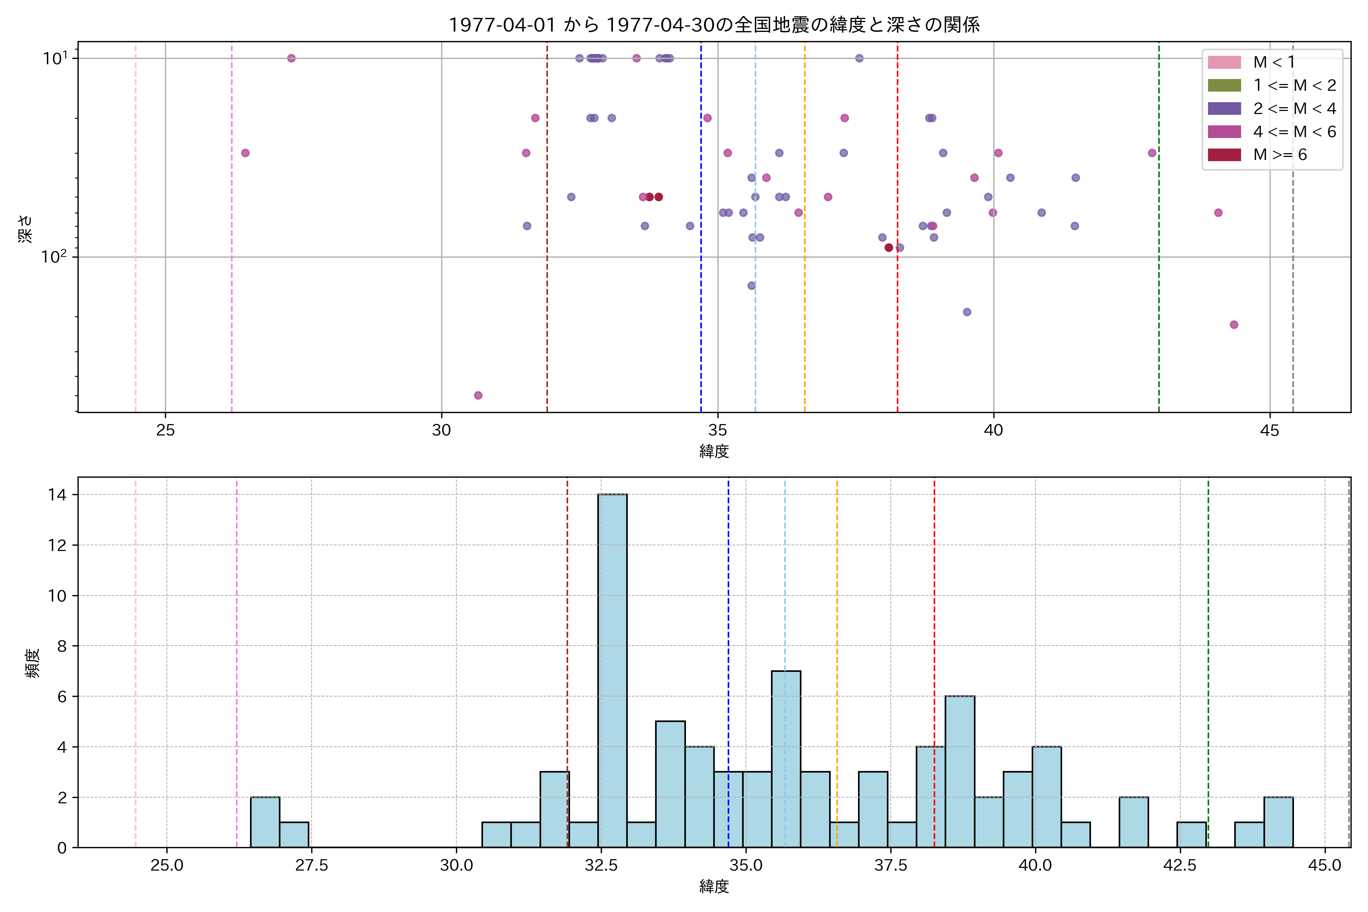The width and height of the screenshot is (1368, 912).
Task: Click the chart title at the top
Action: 714,24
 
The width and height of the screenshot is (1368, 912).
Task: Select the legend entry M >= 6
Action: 1279,155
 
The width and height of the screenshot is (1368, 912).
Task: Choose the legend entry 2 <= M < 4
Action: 1294,109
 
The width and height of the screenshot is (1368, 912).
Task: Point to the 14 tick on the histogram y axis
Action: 58,495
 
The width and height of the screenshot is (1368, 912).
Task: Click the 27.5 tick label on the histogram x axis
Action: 311,866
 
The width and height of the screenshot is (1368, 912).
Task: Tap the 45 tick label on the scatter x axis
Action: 1269,431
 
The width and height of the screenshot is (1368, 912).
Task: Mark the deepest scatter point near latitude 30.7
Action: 478,396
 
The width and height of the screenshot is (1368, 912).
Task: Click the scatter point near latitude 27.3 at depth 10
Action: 291,58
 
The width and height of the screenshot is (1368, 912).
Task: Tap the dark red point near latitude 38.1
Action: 889,248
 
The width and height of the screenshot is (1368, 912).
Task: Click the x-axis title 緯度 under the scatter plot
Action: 714,451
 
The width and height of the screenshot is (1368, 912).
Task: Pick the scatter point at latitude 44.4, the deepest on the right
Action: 1233,325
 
